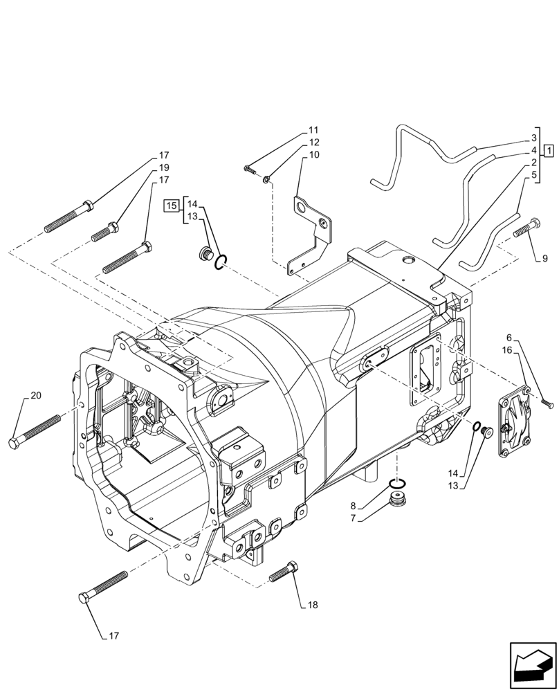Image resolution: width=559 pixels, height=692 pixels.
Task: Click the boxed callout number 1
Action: tap(548, 149)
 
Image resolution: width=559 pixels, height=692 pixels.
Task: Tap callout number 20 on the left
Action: tap(36, 396)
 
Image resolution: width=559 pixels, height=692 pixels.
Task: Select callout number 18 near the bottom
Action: tap(313, 605)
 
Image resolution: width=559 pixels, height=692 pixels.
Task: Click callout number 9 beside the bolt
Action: tap(544, 259)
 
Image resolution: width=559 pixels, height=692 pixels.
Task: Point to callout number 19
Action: tap(164, 167)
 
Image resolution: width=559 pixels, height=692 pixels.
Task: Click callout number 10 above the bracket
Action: tap(314, 155)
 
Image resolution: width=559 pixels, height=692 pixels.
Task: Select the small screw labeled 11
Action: tap(251, 168)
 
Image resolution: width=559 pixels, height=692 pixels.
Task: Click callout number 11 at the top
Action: tap(314, 130)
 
